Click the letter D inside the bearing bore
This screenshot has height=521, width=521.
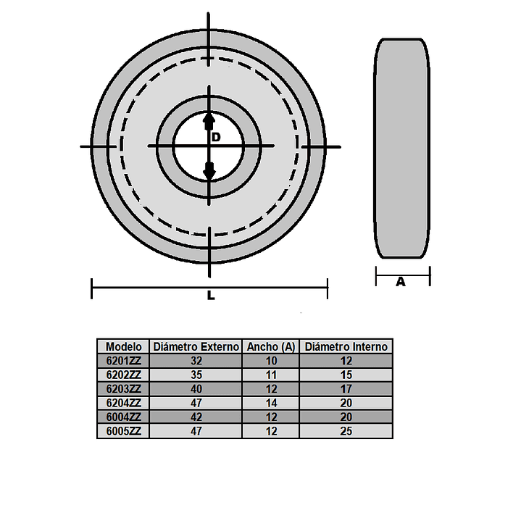(x=216, y=137)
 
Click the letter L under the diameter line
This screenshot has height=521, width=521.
(x=211, y=295)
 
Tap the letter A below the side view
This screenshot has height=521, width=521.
(x=401, y=282)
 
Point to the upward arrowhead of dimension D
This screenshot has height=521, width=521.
(x=209, y=120)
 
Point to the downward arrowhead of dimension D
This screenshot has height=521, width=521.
(x=209, y=171)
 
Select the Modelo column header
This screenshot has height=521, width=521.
(x=124, y=346)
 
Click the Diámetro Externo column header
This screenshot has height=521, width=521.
(x=196, y=346)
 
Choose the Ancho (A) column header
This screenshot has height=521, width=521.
(x=271, y=346)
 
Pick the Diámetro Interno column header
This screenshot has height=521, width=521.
(x=346, y=346)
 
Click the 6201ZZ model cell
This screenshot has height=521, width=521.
(x=124, y=361)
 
